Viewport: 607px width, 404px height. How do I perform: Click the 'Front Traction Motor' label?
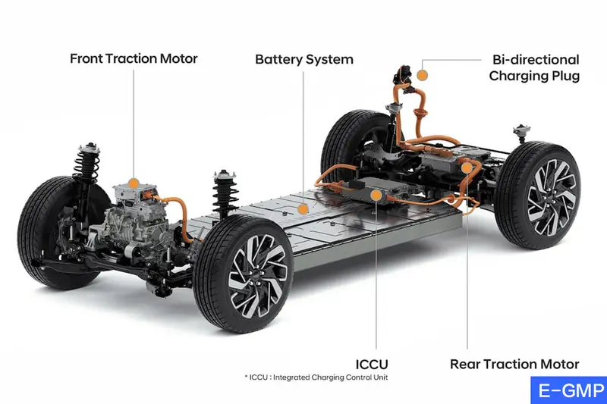tap(134, 59)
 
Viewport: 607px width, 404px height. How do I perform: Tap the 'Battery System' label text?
tap(304, 60)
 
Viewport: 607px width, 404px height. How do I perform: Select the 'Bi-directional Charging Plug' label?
tap(534, 67)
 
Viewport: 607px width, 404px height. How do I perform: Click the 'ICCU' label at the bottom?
tap(372, 364)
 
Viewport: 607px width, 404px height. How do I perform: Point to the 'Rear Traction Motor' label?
tap(514, 364)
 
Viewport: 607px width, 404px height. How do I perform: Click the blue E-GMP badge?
tap(569, 390)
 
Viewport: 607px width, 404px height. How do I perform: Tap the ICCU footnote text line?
tap(316, 377)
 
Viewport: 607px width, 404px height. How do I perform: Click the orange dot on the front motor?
tap(134, 183)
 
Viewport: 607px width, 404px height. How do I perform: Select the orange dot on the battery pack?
tap(303, 209)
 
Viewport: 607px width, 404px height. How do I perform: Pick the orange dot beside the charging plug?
tap(423, 75)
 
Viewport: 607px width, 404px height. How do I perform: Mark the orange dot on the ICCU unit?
tap(376, 196)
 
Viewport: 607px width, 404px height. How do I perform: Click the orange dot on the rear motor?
tap(467, 168)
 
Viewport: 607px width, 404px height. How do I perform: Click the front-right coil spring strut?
tap(225, 193)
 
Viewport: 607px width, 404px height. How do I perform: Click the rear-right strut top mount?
tap(521, 130)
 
